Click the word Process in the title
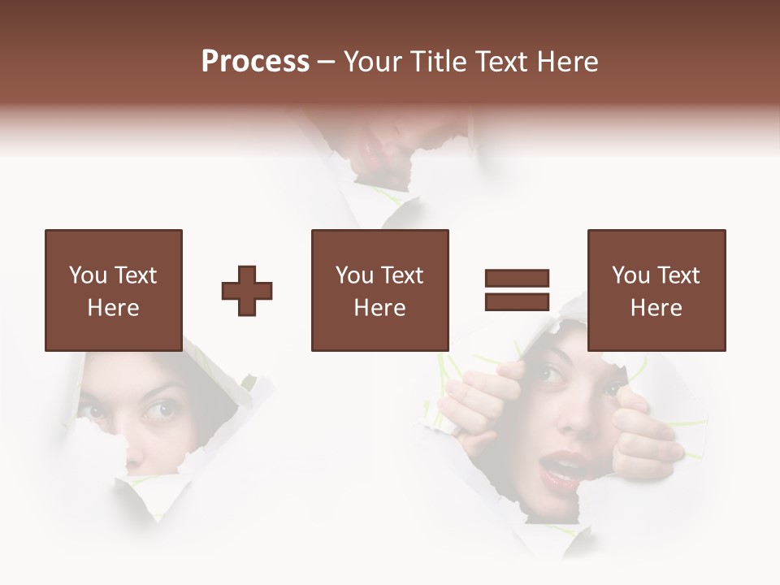255,62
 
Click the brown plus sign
247,290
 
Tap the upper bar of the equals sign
517,279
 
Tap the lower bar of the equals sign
517,301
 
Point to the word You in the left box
87,275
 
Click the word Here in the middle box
380,308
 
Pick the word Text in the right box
678,275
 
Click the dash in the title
327,62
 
